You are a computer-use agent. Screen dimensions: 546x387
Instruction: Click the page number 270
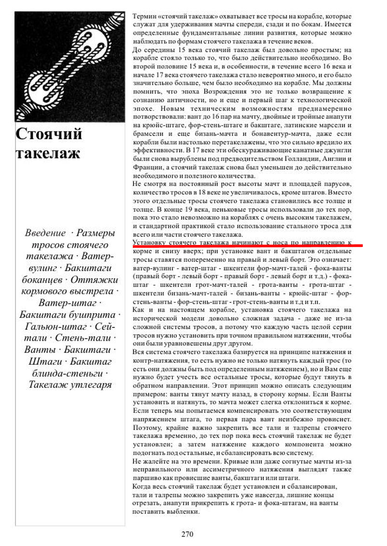[x=187, y=534]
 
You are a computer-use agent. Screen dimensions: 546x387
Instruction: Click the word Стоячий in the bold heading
[x=49, y=133]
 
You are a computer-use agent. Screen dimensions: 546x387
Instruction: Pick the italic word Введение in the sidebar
[x=45, y=233]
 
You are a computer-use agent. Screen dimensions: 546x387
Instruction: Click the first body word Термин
[x=143, y=16]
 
